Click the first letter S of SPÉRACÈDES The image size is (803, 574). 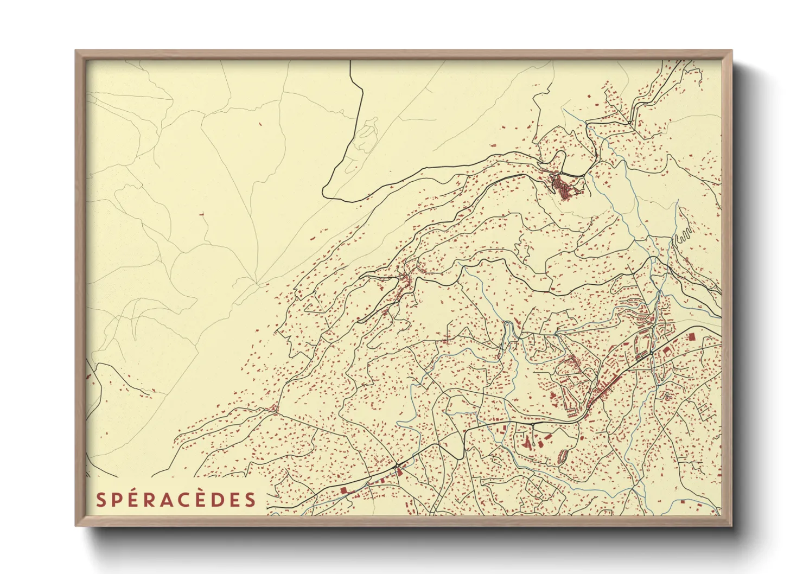click(x=101, y=500)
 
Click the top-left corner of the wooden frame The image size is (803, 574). click(x=76, y=51)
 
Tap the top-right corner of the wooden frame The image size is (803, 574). click(x=732, y=51)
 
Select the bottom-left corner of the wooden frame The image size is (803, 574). click(x=76, y=525)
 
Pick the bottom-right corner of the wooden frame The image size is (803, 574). click(x=732, y=525)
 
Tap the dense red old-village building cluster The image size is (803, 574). click(x=563, y=187)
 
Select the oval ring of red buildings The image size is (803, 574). click(x=563, y=456)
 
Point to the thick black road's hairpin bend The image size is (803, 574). click(x=325, y=193)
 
